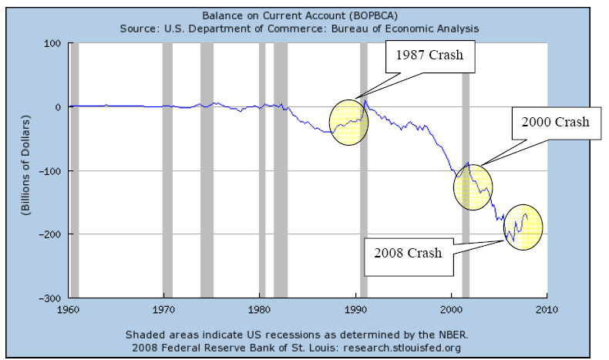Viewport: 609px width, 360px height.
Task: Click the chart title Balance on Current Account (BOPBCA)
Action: point(301,15)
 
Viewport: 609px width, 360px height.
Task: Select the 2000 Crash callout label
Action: point(554,122)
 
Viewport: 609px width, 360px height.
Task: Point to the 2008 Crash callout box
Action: point(409,254)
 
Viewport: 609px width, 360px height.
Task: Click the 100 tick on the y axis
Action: point(52,43)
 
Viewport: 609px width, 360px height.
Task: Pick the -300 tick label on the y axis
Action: point(49,298)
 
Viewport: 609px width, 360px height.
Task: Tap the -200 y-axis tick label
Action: point(49,234)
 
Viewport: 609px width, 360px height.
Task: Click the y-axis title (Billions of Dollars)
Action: point(25,170)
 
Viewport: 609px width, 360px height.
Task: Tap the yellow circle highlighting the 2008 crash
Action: point(523,227)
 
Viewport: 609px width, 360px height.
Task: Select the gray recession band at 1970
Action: point(167,170)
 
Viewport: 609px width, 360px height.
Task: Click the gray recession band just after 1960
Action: point(75,170)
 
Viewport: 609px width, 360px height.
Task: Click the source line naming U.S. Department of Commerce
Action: point(301,28)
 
